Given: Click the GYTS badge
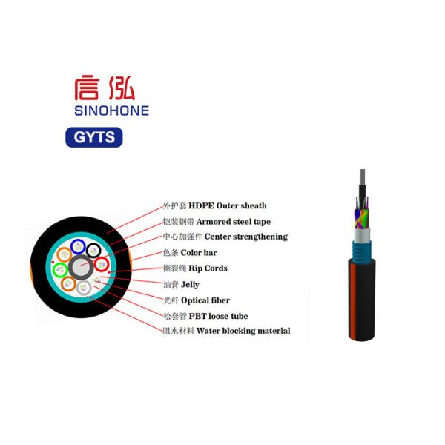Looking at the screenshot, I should click(93, 137).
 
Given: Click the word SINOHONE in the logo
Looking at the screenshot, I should click(111, 111).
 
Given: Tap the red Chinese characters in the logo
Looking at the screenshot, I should click(104, 88).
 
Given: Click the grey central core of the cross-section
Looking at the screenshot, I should click(79, 267).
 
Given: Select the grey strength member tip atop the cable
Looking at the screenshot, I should click(360, 178).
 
